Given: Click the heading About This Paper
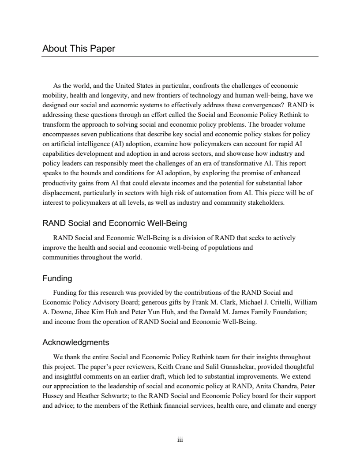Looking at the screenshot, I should click(79, 49).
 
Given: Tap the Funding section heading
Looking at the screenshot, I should click(57, 278).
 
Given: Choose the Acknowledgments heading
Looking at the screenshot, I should click(76, 342).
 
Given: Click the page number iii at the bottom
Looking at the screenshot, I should click(180, 440).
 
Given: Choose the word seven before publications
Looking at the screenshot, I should click(86, 134).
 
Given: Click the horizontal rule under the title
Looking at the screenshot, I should click(180, 56).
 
